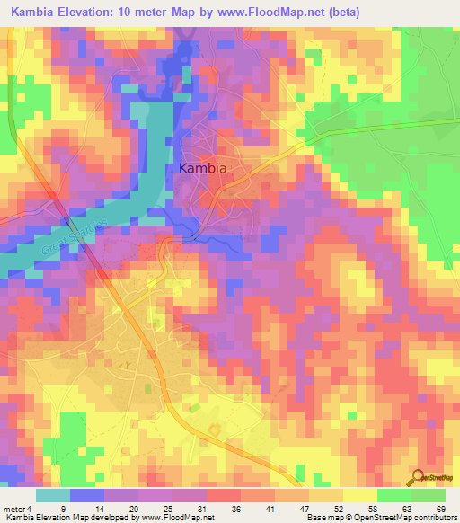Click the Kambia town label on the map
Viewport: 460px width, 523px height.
pos(202,168)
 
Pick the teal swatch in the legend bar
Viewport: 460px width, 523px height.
pos(53,495)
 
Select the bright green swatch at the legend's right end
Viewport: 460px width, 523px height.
pos(429,495)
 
